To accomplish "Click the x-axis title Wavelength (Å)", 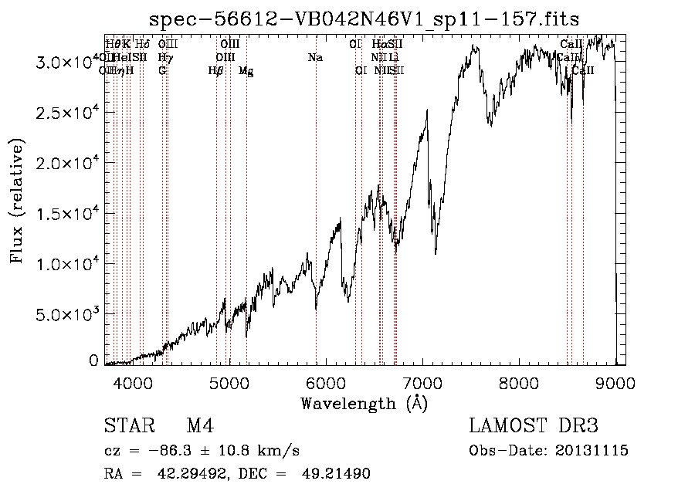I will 364,403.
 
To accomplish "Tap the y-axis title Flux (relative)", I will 18,201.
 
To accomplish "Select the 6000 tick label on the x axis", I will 325,383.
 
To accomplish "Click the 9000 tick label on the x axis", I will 615,383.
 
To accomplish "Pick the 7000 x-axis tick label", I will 422,383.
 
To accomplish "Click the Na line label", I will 315,58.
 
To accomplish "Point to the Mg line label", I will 246,71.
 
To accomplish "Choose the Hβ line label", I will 215,71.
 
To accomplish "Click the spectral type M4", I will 200,427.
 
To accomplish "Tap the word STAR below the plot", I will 127,427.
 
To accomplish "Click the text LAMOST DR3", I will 534,427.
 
